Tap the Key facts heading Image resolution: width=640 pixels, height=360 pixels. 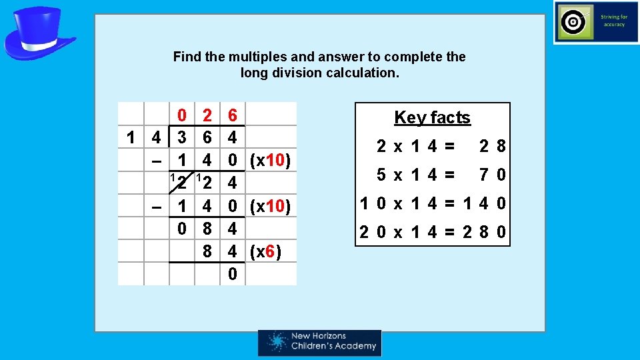click(432, 118)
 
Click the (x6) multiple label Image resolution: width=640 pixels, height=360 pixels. click(265, 252)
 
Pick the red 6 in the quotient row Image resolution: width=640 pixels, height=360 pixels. click(232, 115)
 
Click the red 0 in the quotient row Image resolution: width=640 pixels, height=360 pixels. click(181, 115)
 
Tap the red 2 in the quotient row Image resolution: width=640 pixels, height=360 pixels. click(207, 115)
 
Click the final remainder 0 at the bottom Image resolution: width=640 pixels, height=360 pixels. click(232, 274)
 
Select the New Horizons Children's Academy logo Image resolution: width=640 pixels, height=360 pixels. click(320, 343)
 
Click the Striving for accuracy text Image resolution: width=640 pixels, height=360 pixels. click(613, 21)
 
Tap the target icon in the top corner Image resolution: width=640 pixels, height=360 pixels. click(572, 22)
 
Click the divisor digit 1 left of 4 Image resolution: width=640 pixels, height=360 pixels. click(132, 138)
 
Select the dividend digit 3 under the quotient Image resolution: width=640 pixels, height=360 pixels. click(181, 138)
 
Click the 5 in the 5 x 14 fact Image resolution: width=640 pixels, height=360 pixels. click(381, 175)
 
